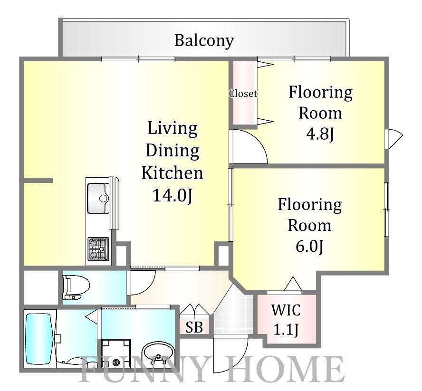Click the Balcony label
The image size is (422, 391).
204,41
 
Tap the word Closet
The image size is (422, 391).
243,94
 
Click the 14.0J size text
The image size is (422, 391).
172,195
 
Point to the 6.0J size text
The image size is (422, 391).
309,246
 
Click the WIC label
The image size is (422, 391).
286,310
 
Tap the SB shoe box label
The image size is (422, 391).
194,327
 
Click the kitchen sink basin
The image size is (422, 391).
98,198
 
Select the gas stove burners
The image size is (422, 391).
99,248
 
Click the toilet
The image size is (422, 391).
76,287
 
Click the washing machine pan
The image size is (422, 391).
116,353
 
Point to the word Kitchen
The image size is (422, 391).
172,173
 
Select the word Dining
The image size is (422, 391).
173,151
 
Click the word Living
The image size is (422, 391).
173,129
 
